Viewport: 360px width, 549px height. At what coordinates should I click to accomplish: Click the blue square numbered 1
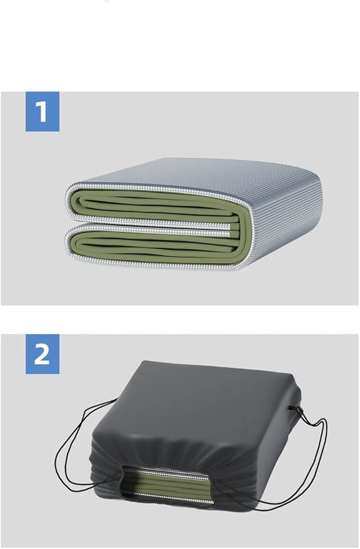click(42, 111)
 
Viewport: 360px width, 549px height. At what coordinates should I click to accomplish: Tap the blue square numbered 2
click(42, 354)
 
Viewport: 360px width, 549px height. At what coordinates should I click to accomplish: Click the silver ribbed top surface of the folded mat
click(196, 175)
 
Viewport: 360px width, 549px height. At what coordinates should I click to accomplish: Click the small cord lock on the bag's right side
click(294, 408)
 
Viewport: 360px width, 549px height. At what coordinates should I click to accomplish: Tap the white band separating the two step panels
click(180, 319)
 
